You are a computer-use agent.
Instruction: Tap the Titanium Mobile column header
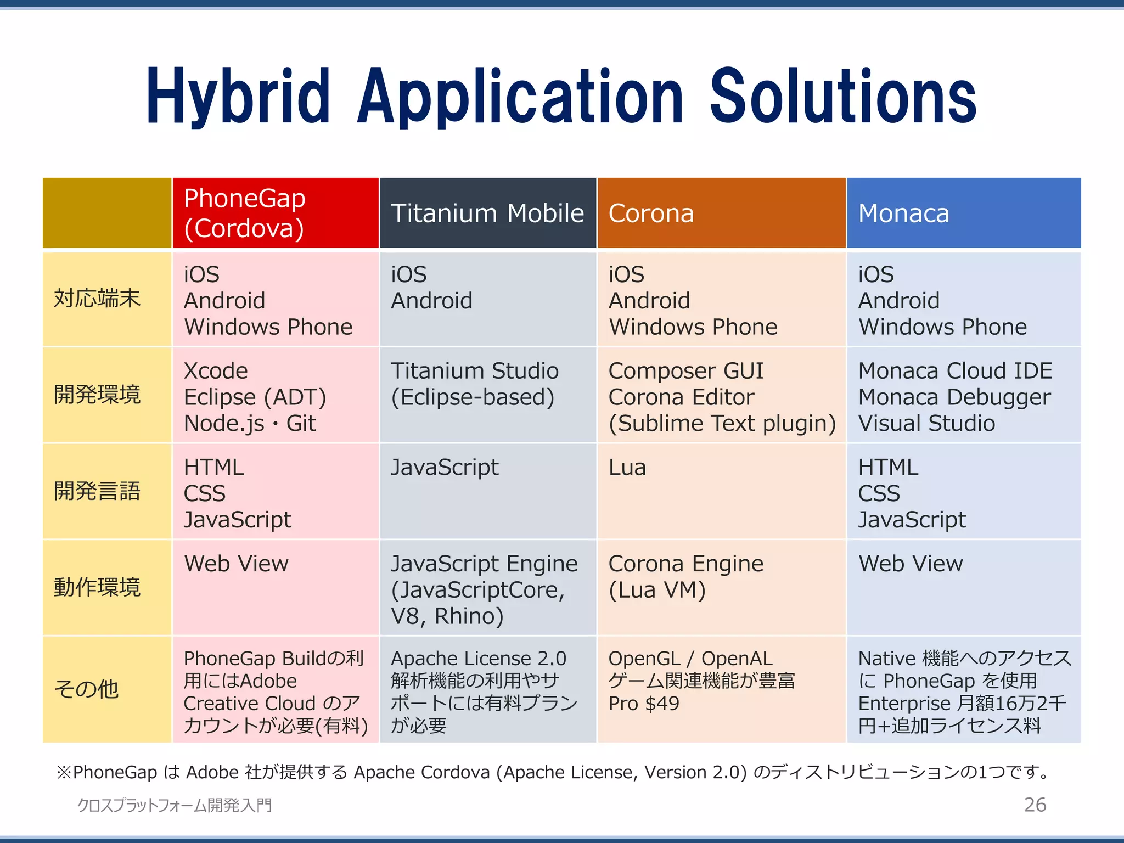pyautogui.click(x=487, y=213)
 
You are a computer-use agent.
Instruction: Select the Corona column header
pyautogui.click(x=651, y=213)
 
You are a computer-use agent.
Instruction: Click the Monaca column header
pyautogui.click(x=903, y=213)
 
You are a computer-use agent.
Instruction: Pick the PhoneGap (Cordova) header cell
pyautogui.click(x=244, y=213)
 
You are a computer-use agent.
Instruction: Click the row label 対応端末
pyautogui.click(x=97, y=299)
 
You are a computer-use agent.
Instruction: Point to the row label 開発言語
pyautogui.click(x=97, y=491)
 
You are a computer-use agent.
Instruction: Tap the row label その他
pyautogui.click(x=86, y=689)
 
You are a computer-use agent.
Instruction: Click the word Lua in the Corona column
pyautogui.click(x=627, y=468)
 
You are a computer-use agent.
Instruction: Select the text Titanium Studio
pyautogui.click(x=474, y=371)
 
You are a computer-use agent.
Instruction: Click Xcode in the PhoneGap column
pyautogui.click(x=216, y=371)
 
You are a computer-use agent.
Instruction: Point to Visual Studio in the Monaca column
pyautogui.click(x=926, y=424)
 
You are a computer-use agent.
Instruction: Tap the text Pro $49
pyautogui.click(x=644, y=704)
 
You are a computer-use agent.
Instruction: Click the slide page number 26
pyautogui.click(x=1035, y=805)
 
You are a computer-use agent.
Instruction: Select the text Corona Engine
pyautogui.click(x=685, y=564)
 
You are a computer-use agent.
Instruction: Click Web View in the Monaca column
pyautogui.click(x=911, y=564)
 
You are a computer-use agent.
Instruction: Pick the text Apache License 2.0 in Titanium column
pyautogui.click(x=478, y=659)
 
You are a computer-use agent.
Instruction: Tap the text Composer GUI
pyautogui.click(x=685, y=371)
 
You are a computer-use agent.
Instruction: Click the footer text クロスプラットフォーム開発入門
pyautogui.click(x=175, y=805)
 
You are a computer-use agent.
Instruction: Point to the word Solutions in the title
pyautogui.click(x=842, y=98)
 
